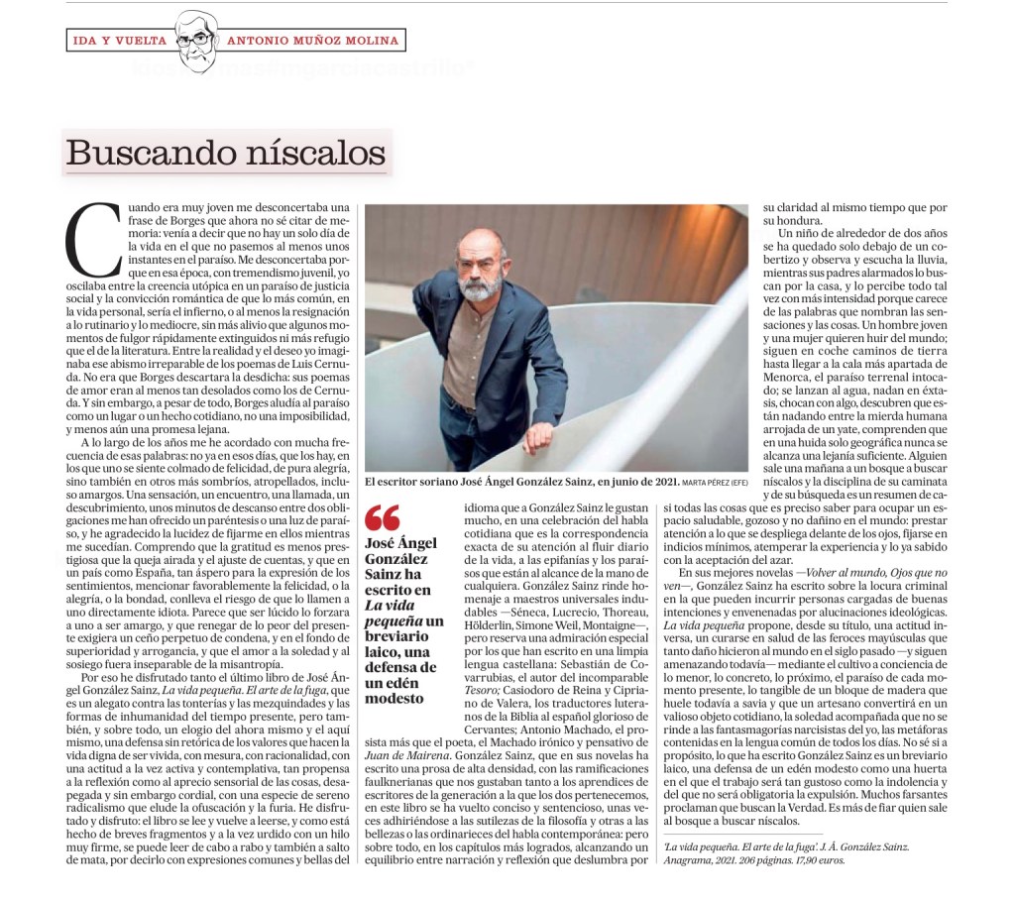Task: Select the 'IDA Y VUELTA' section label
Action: [x=118, y=41]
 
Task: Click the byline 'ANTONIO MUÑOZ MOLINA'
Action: [x=313, y=41]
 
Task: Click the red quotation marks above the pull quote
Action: [x=382, y=518]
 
